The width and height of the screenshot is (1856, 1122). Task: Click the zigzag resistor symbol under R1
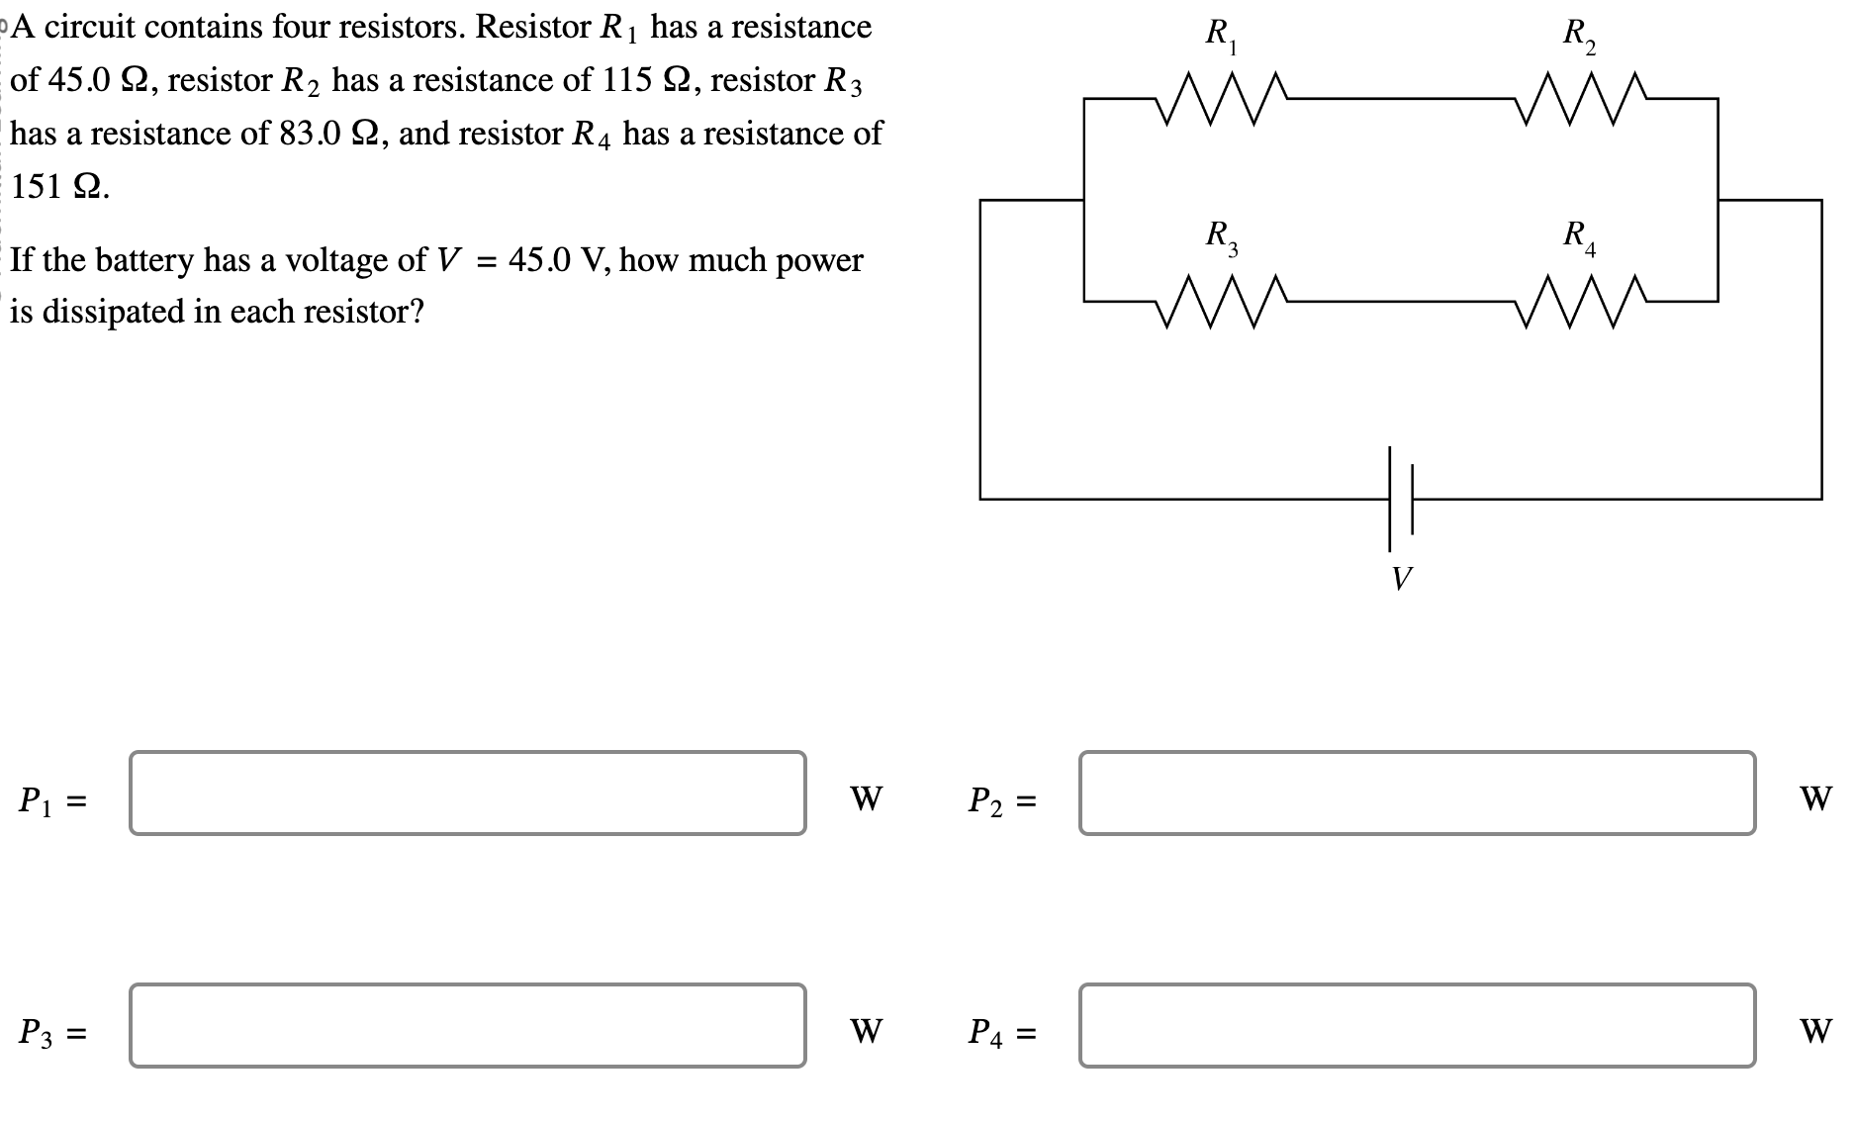1223,99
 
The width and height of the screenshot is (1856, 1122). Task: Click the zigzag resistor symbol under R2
1579,99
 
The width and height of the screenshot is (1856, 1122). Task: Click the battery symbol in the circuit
1400,498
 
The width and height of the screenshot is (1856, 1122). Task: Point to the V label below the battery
1401,578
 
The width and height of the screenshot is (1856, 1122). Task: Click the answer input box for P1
467,794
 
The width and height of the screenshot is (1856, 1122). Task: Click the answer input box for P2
1417,794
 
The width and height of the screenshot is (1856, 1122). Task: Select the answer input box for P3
467,1026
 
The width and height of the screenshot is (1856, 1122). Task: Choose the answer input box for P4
1417,1026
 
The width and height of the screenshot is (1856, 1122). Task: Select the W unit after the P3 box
866,1031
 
